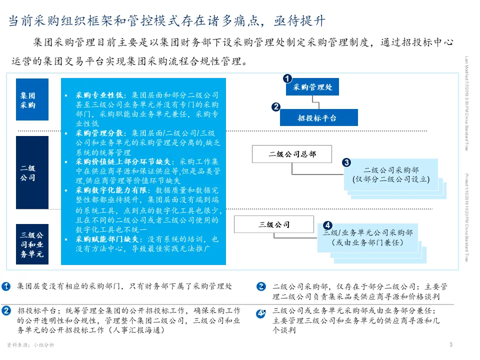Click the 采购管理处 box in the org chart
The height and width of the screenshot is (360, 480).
(312, 87)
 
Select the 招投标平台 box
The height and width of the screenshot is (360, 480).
(318, 118)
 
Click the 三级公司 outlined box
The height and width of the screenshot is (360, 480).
(274, 224)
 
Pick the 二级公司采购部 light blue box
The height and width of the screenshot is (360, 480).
(391, 174)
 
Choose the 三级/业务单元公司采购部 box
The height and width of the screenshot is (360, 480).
(368, 237)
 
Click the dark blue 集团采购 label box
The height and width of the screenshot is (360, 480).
(32, 99)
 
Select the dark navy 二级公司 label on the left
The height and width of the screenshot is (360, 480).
(32, 172)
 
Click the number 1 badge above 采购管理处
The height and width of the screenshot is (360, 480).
(287, 78)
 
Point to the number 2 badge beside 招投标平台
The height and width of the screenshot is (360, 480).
(276, 106)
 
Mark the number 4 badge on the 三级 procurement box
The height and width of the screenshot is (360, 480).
(327, 225)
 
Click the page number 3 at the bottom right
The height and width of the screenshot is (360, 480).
(451, 344)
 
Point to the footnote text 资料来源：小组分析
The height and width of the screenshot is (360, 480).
(30, 345)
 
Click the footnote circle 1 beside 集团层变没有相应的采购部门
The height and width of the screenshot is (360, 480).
(6, 286)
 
